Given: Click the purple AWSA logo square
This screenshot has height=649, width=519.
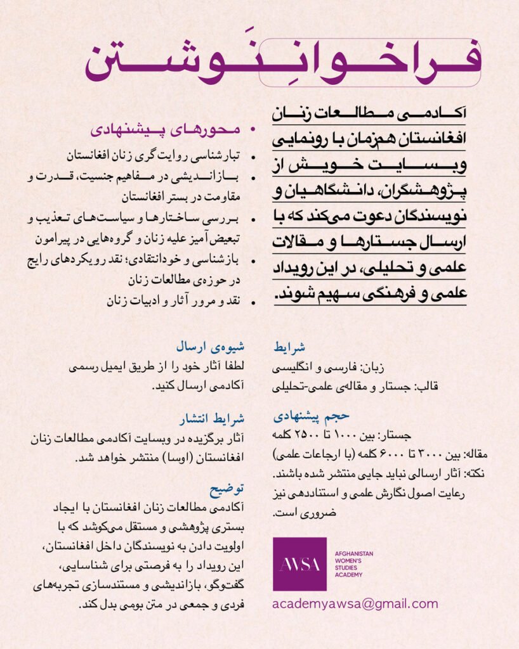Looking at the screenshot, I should [299, 564].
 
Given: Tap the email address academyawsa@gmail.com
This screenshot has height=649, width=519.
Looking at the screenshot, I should [355, 604].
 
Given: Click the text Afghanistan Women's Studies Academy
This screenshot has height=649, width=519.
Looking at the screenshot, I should [354, 564].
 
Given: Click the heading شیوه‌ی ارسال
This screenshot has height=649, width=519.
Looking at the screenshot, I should [214, 347].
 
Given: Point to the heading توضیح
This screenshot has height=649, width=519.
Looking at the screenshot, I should [227, 489].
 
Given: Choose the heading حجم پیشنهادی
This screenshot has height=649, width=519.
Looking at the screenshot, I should [311, 416].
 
